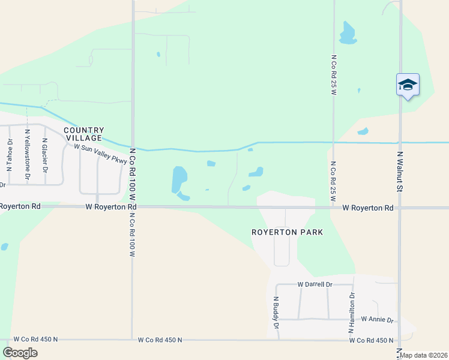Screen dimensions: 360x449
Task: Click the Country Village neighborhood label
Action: click(x=84, y=134)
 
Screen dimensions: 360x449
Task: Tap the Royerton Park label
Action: click(x=287, y=232)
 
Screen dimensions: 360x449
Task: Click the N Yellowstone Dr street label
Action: click(x=27, y=155)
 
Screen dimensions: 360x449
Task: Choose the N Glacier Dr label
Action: click(x=45, y=157)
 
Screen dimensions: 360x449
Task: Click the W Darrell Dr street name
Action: click(x=315, y=284)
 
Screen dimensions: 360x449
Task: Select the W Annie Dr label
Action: click(x=376, y=320)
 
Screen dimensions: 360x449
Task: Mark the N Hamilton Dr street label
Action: click(x=352, y=313)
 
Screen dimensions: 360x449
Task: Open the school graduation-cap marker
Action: click(x=408, y=85)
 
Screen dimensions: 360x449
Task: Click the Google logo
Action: click(x=20, y=353)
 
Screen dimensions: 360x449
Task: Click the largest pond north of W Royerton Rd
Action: click(x=179, y=179)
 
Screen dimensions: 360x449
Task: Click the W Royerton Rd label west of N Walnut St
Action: click(x=368, y=208)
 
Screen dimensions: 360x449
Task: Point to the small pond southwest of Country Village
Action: click(x=4, y=246)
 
